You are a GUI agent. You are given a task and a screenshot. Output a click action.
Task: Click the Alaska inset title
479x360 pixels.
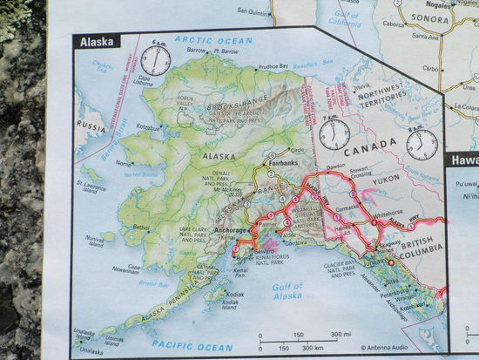coord(98,41)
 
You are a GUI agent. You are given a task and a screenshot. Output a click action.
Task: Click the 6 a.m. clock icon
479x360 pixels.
coord(156,60)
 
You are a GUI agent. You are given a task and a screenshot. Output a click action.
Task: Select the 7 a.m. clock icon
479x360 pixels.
coord(334,134)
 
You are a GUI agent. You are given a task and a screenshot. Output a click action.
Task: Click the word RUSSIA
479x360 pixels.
coord(89,125)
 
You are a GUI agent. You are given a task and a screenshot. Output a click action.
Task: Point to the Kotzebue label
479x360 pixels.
coord(147,127)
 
